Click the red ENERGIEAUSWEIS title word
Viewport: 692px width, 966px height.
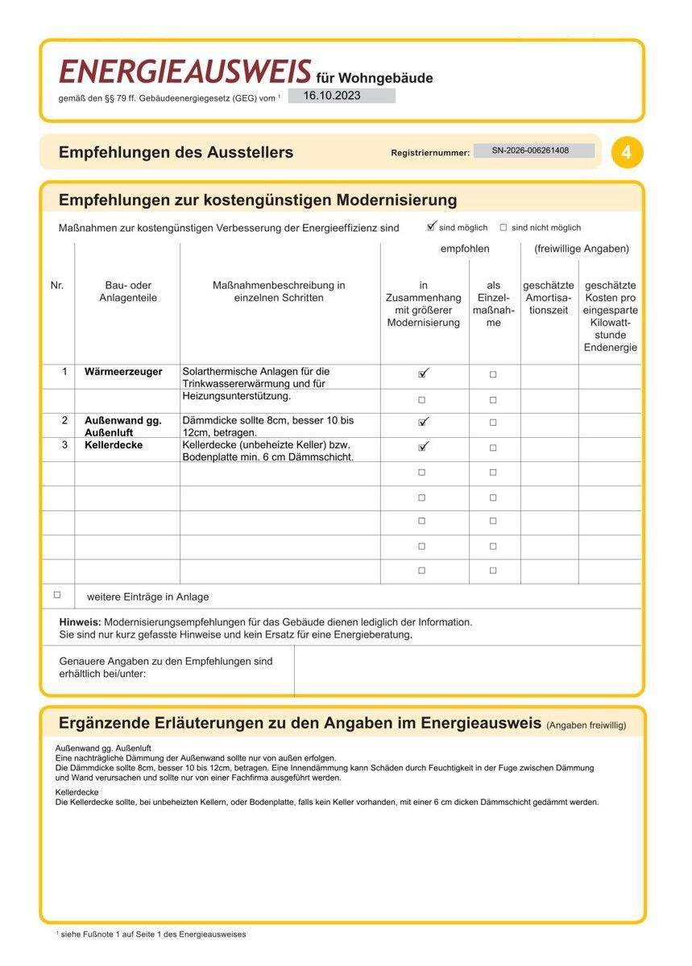184,72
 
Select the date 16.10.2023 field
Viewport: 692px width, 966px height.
342,96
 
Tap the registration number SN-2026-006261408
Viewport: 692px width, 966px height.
533,151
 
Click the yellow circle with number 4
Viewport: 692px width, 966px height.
627,152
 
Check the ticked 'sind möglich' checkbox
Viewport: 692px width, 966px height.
432,227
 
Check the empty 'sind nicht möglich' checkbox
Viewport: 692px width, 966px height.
503,228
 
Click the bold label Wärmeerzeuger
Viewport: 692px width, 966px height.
123,372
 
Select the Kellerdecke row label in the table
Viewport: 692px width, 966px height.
114,445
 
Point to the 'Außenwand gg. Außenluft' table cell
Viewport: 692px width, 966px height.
123,426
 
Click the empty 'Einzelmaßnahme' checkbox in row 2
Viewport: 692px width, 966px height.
493,423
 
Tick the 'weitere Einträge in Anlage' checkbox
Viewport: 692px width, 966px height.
57,595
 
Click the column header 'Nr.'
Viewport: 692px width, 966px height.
57,285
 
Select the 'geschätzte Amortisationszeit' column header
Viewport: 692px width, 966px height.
549,298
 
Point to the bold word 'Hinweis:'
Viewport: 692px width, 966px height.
80,622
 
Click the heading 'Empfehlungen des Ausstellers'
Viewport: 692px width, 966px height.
176,152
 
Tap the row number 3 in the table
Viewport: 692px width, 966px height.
64,445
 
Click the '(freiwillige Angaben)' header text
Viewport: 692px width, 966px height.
582,249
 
